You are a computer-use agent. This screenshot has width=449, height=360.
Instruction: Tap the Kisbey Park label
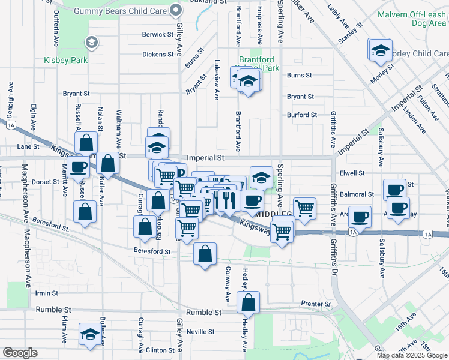[65, 60]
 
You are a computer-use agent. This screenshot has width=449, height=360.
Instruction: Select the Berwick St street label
[158, 35]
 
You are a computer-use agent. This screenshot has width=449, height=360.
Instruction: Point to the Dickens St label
[158, 55]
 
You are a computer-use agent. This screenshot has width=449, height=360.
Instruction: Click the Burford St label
[301, 115]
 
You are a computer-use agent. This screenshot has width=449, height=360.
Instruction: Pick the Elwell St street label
[352, 173]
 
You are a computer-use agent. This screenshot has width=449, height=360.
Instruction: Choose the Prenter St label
[316, 304]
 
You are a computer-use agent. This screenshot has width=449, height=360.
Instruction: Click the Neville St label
[200, 332]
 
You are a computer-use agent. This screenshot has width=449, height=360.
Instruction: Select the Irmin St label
[46, 293]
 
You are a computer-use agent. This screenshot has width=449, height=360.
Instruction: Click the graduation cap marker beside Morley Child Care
[380, 50]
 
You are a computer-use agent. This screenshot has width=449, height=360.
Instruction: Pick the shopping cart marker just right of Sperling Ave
[305, 208]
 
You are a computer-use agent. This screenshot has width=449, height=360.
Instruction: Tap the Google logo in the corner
[20, 353]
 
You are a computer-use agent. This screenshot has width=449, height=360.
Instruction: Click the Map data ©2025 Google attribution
[412, 355]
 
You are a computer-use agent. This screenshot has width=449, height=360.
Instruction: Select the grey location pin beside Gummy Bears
[175, 10]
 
